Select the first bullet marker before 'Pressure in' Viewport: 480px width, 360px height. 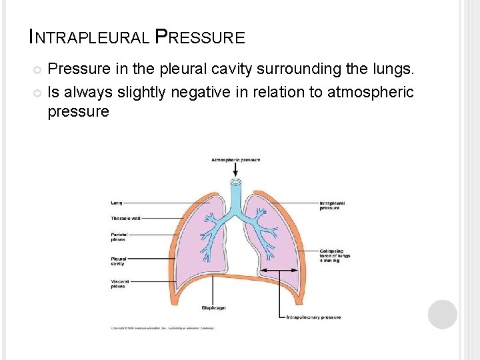pyautogui.click(x=37, y=69)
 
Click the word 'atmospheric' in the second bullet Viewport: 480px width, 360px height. pyautogui.click(x=371, y=92)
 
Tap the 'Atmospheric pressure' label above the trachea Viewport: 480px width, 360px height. pyautogui.click(x=235, y=160)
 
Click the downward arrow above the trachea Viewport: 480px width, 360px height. pyautogui.click(x=235, y=170)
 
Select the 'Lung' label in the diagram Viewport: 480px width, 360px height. pyautogui.click(x=116, y=202)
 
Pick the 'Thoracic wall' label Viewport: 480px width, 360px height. pyautogui.click(x=125, y=218)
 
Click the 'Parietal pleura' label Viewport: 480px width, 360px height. pyautogui.click(x=118, y=237)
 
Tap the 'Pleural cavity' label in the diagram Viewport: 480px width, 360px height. pyautogui.click(x=118, y=261)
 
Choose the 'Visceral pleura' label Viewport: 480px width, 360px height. pyautogui.click(x=119, y=284)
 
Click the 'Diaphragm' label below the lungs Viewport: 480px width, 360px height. pyautogui.click(x=213, y=307)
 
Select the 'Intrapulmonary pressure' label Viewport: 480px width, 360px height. pyautogui.click(x=313, y=317)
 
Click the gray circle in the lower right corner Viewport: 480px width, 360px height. pyautogui.click(x=442, y=315)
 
